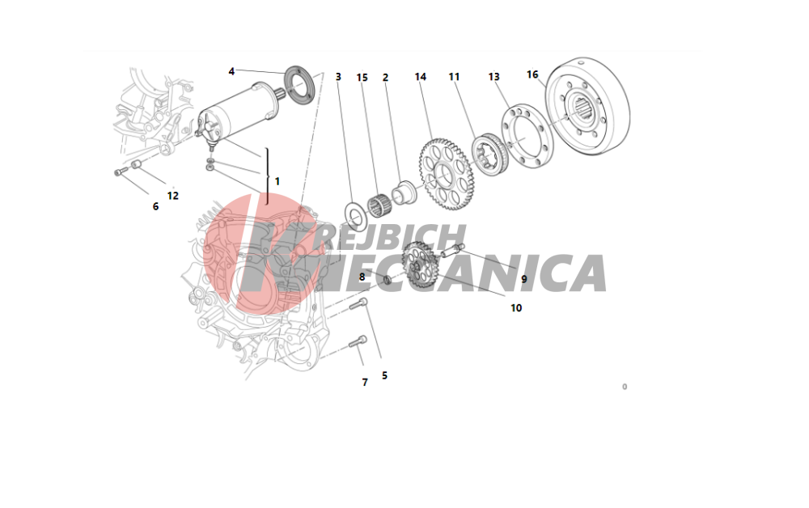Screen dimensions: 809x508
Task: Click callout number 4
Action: tap(231, 71)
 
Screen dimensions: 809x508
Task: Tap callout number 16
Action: tap(532, 74)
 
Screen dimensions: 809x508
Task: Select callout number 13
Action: tap(493, 77)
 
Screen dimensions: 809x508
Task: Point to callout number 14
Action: tap(421, 77)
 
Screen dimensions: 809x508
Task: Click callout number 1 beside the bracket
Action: tap(277, 181)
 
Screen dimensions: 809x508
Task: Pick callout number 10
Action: tap(516, 308)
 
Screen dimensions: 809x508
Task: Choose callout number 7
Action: tap(365, 382)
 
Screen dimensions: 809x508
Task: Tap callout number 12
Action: tap(173, 196)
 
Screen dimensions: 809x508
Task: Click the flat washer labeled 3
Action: tap(355, 217)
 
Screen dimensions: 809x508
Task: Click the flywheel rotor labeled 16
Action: tap(588, 106)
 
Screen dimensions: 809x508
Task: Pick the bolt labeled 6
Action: tap(121, 171)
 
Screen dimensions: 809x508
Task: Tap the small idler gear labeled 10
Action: tap(421, 265)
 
